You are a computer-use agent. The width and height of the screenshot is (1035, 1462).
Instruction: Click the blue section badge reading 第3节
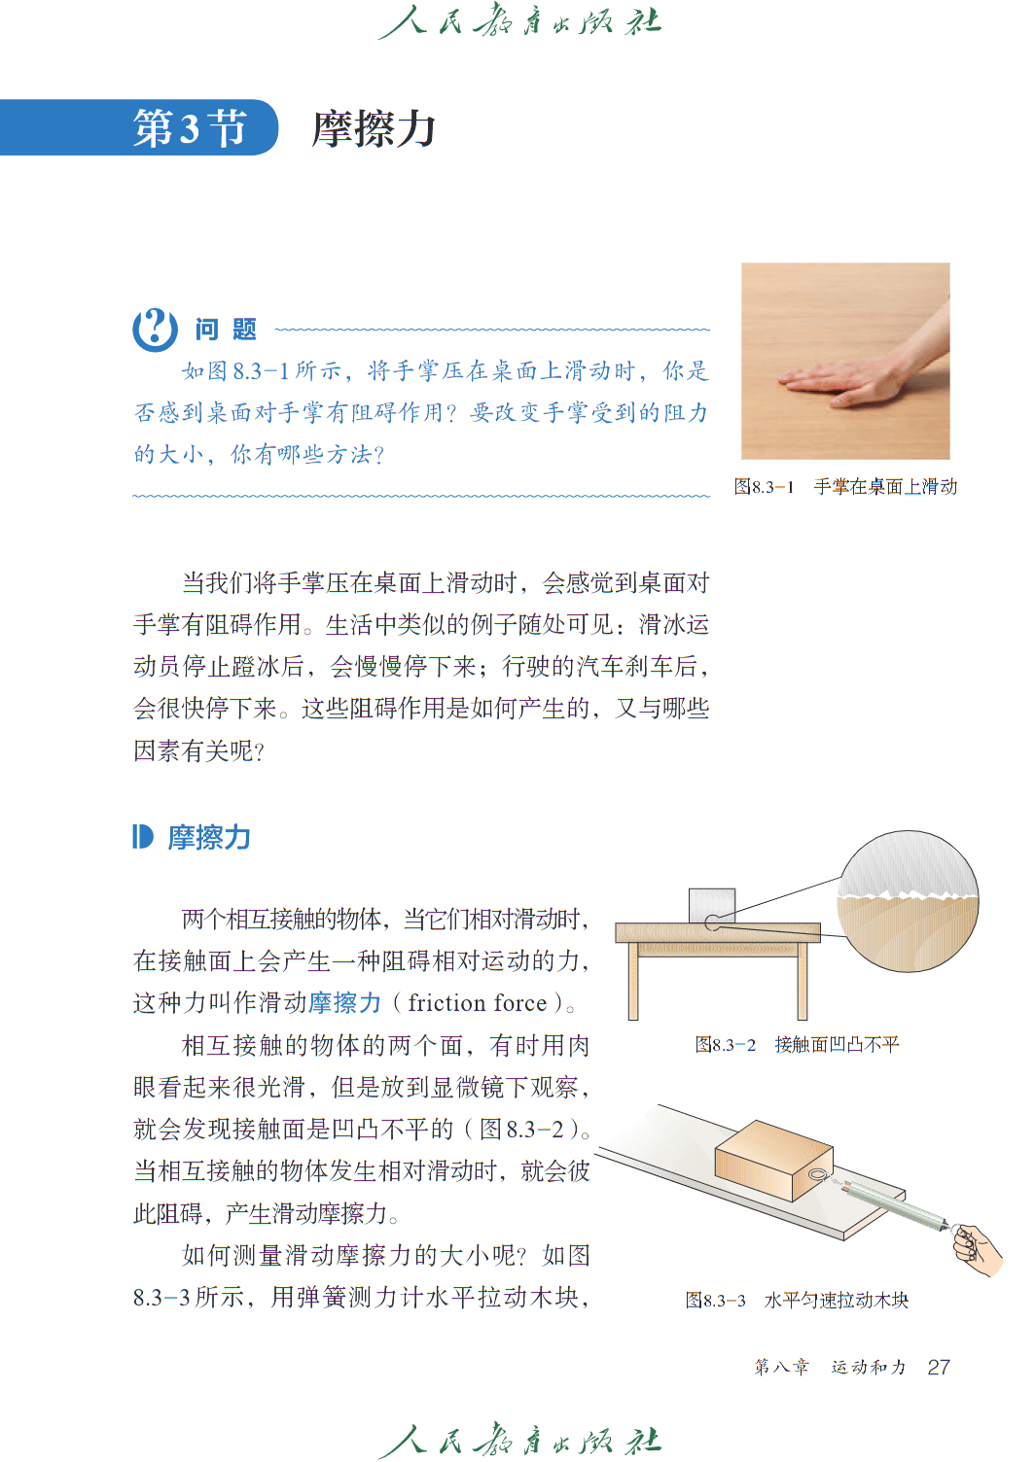tap(139, 127)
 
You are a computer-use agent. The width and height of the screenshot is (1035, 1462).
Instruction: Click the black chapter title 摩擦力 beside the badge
tap(374, 128)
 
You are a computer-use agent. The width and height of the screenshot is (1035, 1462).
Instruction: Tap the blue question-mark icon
tap(155, 329)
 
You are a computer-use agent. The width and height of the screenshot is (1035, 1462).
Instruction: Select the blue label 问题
tap(226, 330)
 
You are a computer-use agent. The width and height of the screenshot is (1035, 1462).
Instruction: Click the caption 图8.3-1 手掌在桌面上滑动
tap(845, 486)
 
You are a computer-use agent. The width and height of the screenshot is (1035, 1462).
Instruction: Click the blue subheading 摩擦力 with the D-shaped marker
tap(192, 837)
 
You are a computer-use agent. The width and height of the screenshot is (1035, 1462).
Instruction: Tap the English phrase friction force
tap(478, 1002)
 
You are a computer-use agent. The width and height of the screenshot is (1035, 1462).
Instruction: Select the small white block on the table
tap(712, 905)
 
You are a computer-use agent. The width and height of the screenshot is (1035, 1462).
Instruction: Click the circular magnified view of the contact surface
tap(908, 901)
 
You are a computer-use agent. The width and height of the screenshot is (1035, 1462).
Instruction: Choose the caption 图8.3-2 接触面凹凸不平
tap(797, 1044)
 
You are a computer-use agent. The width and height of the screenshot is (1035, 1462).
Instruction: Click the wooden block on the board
tap(773, 1161)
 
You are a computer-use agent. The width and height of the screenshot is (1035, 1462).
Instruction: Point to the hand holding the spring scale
tap(978, 1250)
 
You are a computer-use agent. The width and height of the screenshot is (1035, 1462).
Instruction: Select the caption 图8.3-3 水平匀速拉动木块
tap(797, 1300)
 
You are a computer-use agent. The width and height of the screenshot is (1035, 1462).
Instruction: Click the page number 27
tap(939, 1367)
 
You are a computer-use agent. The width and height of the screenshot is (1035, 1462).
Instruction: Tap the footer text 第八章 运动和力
tap(830, 1367)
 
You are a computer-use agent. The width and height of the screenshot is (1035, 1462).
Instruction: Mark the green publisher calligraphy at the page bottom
tap(519, 1439)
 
